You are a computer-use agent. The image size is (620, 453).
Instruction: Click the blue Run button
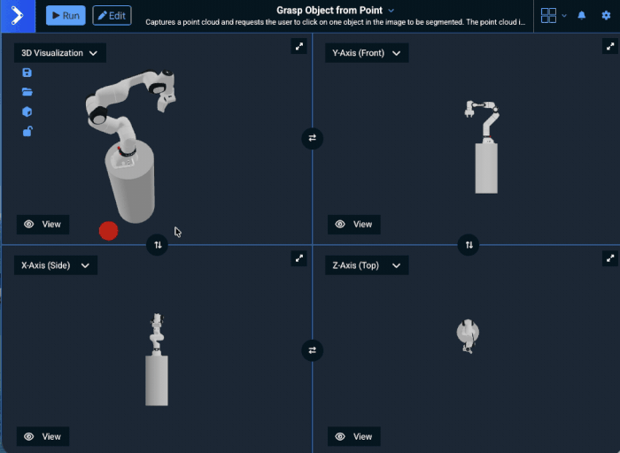[66, 16]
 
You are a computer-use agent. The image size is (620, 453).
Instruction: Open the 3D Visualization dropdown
[59, 53]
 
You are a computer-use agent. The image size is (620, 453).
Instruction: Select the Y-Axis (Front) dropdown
[366, 53]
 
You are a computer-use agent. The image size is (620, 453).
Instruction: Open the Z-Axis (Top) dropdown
[366, 265]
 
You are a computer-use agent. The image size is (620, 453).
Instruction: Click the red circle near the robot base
[108, 231]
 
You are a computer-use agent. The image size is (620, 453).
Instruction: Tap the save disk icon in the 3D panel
[27, 73]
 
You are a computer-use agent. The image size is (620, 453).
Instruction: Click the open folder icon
[27, 92]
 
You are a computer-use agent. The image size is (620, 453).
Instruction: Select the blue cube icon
[27, 111]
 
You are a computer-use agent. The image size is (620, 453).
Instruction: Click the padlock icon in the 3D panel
[27, 132]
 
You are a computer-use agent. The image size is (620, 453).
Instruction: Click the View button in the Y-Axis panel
[353, 224]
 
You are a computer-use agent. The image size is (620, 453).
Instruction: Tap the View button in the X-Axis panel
[43, 436]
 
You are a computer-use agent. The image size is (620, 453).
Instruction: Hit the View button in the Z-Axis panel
[353, 436]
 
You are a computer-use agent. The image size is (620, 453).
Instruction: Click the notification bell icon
[582, 16]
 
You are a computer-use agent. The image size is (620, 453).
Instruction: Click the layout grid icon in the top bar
[548, 16]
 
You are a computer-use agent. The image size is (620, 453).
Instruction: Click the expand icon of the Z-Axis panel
[609, 258]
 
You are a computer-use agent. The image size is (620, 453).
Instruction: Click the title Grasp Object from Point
[329, 11]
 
